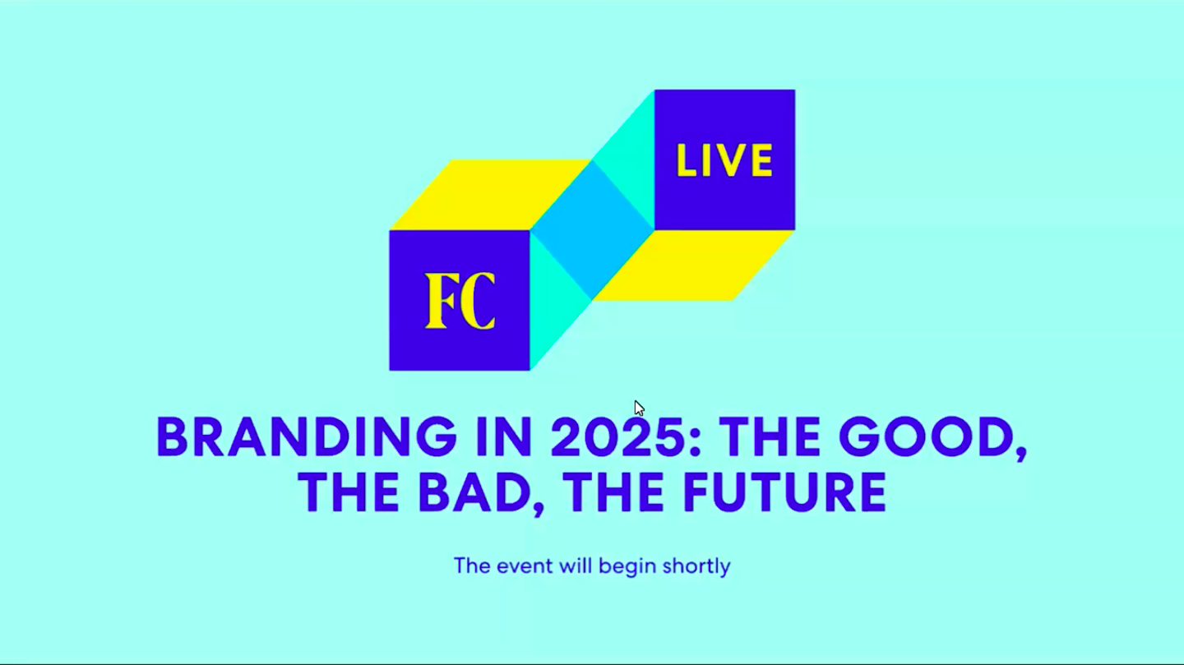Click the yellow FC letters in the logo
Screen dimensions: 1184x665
click(460, 301)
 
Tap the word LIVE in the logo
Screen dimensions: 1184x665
click(724, 160)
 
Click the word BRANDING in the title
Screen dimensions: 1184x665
click(307, 436)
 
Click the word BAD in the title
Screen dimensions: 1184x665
click(474, 492)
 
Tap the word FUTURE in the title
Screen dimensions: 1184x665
click(785, 492)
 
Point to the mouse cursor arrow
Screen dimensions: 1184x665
click(639, 408)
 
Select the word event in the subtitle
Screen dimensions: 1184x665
click(525, 566)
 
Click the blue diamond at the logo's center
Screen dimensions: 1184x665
click(592, 230)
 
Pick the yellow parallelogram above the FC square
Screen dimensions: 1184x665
click(491, 195)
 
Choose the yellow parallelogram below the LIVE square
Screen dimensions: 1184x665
click(693, 266)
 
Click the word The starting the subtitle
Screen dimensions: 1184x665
click(472, 566)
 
